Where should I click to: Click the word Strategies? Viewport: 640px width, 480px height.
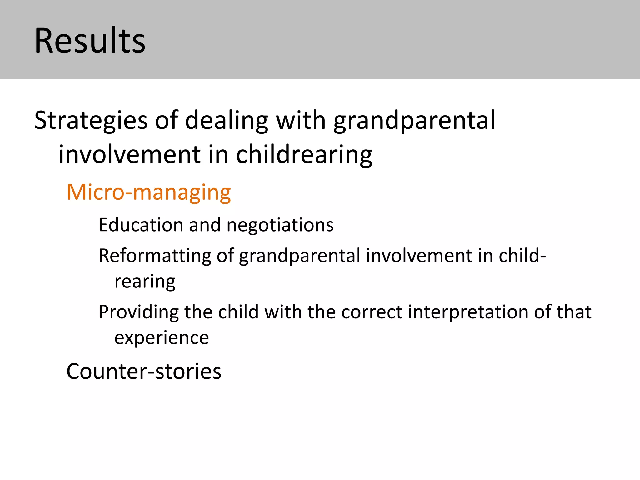point(91,121)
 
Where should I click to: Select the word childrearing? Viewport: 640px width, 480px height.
point(304,155)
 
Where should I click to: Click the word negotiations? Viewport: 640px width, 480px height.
point(280,225)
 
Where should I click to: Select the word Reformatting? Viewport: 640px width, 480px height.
point(155,256)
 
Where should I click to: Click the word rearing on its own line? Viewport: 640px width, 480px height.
point(145,282)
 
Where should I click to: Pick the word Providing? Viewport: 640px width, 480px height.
point(138,312)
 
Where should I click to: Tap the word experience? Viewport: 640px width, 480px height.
point(162,338)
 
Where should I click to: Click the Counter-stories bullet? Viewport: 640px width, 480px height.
point(144,372)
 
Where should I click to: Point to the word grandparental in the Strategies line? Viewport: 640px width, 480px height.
point(414,121)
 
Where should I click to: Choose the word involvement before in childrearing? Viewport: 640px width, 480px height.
point(130,155)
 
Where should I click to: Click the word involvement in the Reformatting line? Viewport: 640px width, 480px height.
point(419,255)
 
